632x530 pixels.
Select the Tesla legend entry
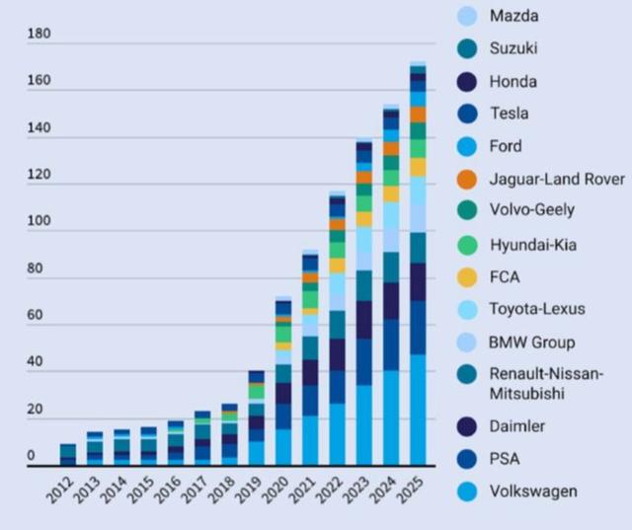(x=509, y=114)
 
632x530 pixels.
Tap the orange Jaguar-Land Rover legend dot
(x=467, y=179)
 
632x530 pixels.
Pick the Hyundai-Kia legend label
(x=532, y=244)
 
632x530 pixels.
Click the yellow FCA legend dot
(x=467, y=276)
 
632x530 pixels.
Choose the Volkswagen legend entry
(x=534, y=492)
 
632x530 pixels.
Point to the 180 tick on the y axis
(x=39, y=35)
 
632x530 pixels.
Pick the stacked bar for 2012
(x=68, y=455)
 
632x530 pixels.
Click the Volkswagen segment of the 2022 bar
(x=338, y=434)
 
